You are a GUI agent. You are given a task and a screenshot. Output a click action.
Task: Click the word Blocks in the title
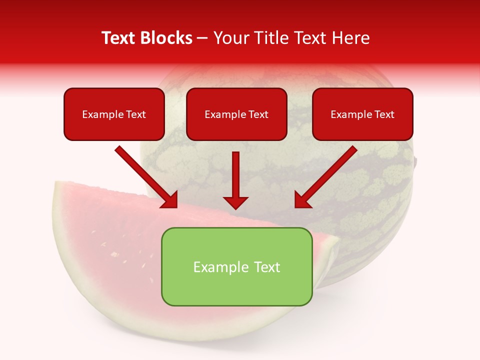point(167,38)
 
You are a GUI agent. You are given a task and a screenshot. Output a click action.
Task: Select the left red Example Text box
point(114,114)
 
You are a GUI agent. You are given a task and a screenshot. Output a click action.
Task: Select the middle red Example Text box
point(236,114)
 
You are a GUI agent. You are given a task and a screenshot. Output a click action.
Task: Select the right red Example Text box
point(362,114)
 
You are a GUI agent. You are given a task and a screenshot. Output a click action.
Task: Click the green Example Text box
point(236,266)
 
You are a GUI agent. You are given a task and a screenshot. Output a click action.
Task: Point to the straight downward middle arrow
point(235,175)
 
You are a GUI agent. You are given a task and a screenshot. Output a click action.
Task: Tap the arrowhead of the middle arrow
point(235,202)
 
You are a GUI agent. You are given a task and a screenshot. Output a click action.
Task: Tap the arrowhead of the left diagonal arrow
point(170,200)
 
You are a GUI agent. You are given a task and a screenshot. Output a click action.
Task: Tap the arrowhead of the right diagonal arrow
point(302,200)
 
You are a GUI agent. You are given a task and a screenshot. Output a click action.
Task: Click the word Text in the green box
point(267,267)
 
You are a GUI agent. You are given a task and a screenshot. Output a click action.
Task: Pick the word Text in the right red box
point(384,114)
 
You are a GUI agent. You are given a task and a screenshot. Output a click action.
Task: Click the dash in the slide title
point(203,38)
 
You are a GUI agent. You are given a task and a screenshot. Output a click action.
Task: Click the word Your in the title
point(229,38)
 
